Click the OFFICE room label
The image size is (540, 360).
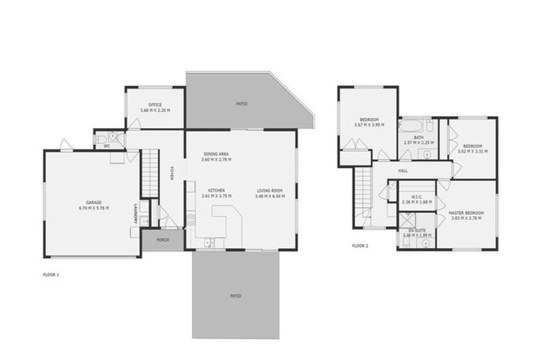tap(155, 105)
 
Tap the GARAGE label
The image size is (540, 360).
tap(94, 202)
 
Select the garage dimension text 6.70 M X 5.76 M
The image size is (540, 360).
tap(94, 208)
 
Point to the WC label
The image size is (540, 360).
tap(107, 146)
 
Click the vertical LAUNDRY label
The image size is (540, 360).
tap(134, 213)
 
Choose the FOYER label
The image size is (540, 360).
tap(171, 173)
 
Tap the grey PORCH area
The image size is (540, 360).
tap(162, 239)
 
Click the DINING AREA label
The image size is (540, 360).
tap(216, 154)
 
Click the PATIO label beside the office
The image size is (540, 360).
tap(241, 104)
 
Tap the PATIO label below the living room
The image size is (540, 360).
tap(235, 295)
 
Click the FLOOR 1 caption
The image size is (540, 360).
tap(51, 274)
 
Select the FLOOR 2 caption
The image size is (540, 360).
tap(359, 246)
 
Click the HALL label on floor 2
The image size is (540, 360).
tap(403, 170)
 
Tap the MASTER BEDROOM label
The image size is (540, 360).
tap(466, 212)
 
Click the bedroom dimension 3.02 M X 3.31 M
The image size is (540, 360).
tap(472, 151)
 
